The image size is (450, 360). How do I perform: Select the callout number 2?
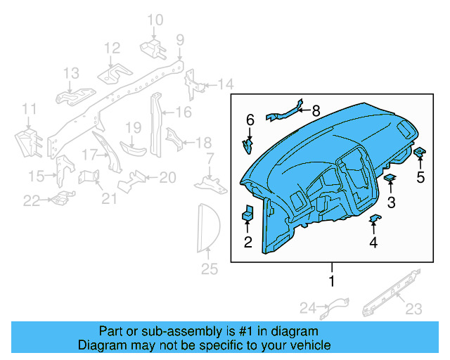click(x=247, y=243)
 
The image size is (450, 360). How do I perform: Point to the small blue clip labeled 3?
click(x=390, y=179)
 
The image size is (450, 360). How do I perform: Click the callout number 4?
click(x=373, y=243)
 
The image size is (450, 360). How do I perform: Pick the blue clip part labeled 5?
click(x=420, y=153)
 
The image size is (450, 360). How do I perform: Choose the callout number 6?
click(x=250, y=120)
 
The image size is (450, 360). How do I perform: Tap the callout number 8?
click(x=315, y=110)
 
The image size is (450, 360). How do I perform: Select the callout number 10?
click(x=155, y=20)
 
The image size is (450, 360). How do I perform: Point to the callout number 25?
click(x=210, y=269)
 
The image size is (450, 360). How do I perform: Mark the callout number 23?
click(x=413, y=307)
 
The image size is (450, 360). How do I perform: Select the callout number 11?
click(x=28, y=108)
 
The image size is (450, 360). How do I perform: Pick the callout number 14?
click(x=224, y=85)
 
